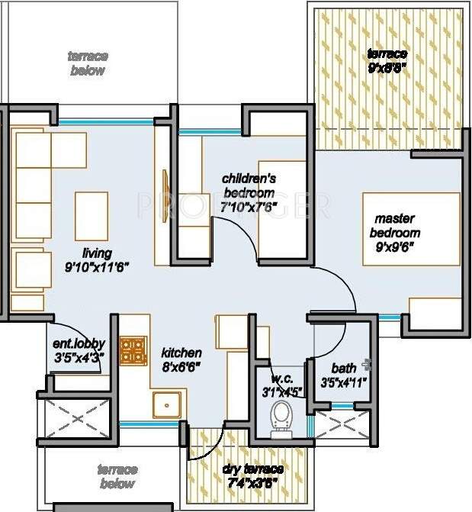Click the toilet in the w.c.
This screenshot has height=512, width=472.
(280, 416)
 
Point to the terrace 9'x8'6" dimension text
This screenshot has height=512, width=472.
(387, 66)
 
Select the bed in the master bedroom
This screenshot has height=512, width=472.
(412, 230)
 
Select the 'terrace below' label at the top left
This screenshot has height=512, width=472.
(88, 63)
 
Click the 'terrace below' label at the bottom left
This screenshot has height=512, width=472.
(117, 476)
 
